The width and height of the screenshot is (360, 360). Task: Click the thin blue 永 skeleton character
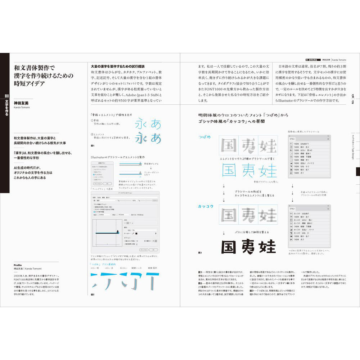click(x=142, y=124)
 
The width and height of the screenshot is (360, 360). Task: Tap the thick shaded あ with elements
click(x=156, y=138)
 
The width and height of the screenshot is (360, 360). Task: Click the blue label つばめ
click(x=204, y=137)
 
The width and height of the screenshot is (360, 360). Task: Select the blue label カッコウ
click(x=206, y=206)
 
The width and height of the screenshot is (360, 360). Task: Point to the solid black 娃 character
click(x=267, y=247)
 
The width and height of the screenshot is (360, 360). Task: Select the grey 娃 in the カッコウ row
click(x=267, y=215)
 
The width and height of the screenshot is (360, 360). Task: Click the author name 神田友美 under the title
click(x=21, y=103)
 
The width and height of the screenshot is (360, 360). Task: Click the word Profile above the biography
click(x=18, y=265)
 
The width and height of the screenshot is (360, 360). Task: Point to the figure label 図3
click(x=200, y=253)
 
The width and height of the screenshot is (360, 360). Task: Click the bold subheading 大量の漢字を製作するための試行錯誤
click(x=118, y=66)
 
